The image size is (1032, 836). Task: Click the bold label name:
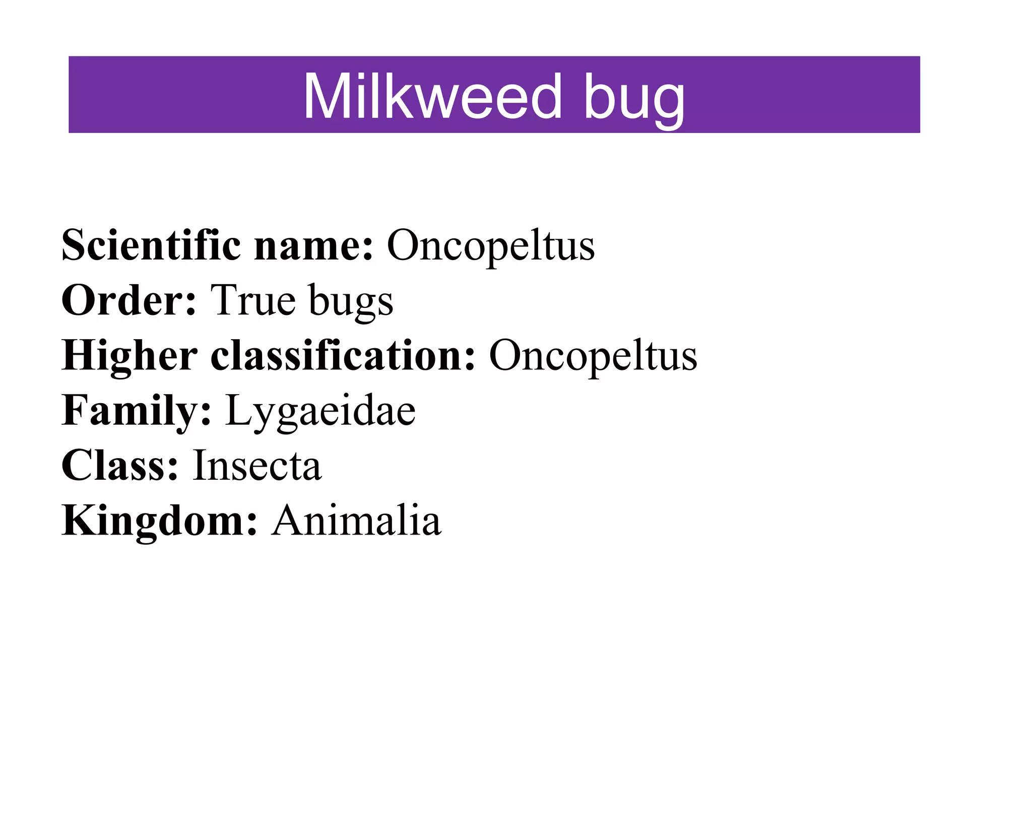pos(313,246)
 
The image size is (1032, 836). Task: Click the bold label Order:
pos(128,300)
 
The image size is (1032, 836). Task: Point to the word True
pos(252,300)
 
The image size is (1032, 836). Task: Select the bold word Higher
pos(129,355)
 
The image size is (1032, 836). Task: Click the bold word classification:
pos(343,355)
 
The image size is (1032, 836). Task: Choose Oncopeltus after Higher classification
pos(593,356)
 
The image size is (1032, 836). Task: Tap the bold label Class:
pos(120,465)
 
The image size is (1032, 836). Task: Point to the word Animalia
pos(356,521)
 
